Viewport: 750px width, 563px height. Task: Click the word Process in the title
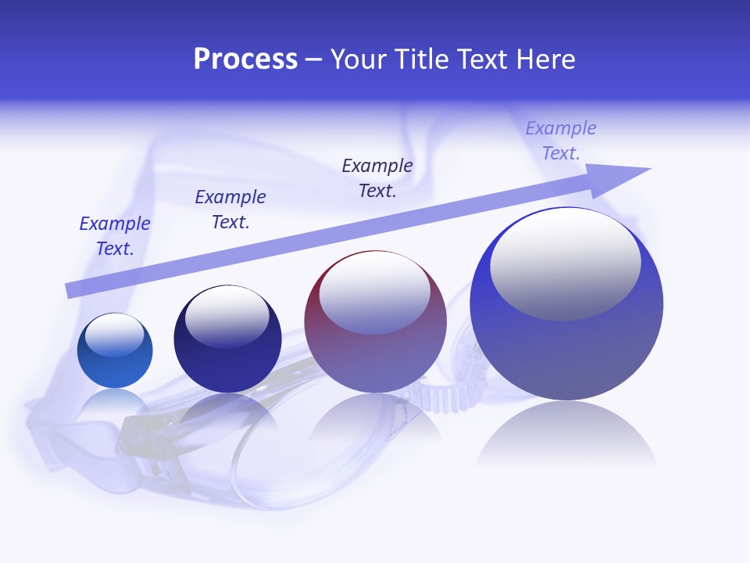click(x=245, y=59)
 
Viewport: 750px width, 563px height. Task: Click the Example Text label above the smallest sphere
click(x=115, y=236)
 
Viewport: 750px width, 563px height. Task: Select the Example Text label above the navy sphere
click(x=230, y=210)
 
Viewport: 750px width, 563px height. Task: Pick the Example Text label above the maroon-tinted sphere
click(x=377, y=178)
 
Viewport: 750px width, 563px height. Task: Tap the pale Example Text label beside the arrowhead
click(x=561, y=141)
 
